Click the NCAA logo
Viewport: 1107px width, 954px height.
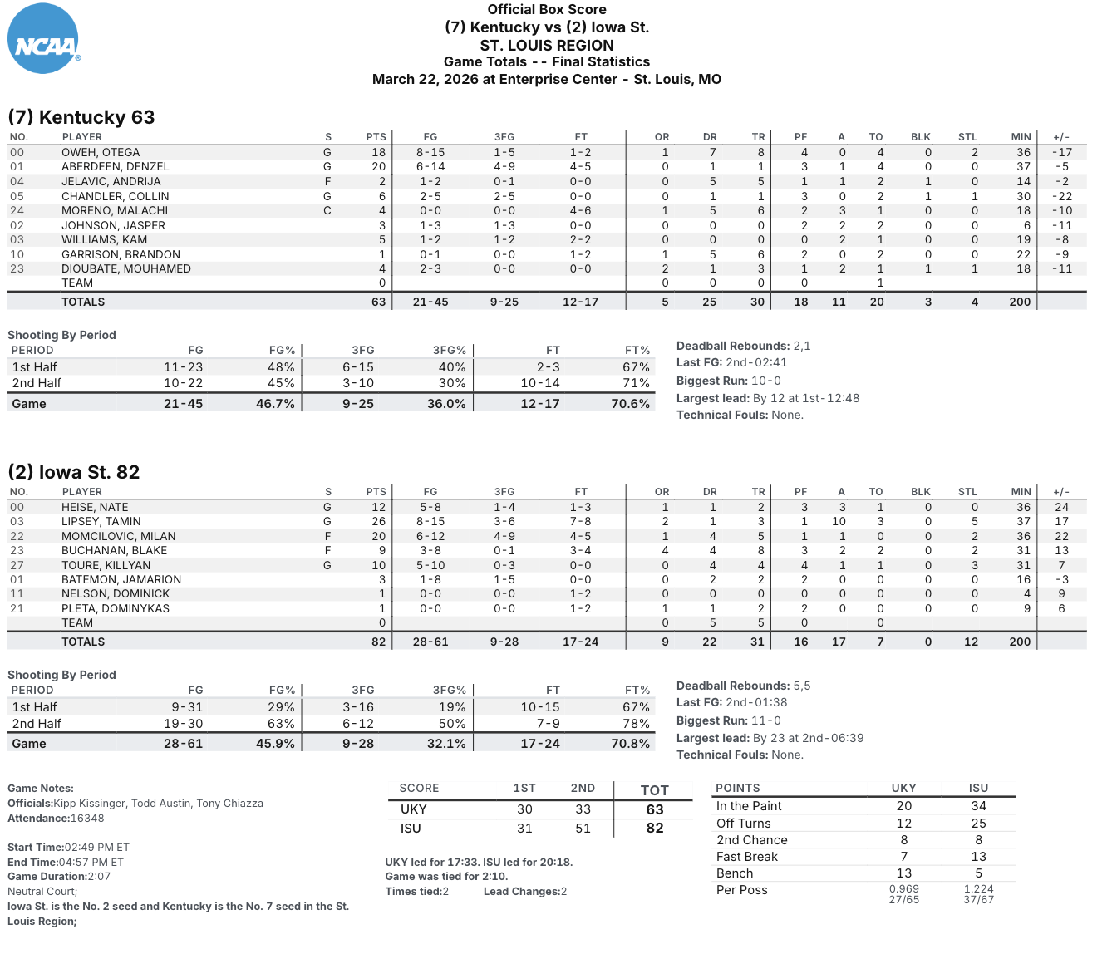tap(43, 39)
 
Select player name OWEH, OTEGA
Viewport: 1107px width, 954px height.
tap(101, 152)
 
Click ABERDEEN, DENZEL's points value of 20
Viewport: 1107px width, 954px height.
tap(378, 166)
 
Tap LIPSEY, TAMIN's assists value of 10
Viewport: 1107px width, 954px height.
tap(839, 521)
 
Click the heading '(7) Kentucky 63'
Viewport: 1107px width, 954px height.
tap(81, 117)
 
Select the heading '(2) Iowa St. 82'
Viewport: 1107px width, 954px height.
tap(74, 472)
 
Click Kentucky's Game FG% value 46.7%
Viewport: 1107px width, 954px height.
tap(275, 404)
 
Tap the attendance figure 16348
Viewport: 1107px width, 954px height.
tap(87, 819)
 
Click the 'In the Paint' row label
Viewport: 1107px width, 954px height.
tap(749, 806)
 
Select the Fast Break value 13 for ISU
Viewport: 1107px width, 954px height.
tap(978, 857)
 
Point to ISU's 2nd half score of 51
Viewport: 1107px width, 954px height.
tap(583, 829)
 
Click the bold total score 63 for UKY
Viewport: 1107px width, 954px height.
tap(655, 809)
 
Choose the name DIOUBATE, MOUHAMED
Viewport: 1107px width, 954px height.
tap(126, 268)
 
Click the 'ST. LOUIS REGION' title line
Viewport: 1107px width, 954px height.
tap(547, 46)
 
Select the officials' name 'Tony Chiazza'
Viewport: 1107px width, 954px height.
tap(229, 804)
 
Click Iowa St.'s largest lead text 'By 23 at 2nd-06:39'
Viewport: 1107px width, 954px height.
tap(808, 738)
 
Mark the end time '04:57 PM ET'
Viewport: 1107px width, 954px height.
tap(94, 862)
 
